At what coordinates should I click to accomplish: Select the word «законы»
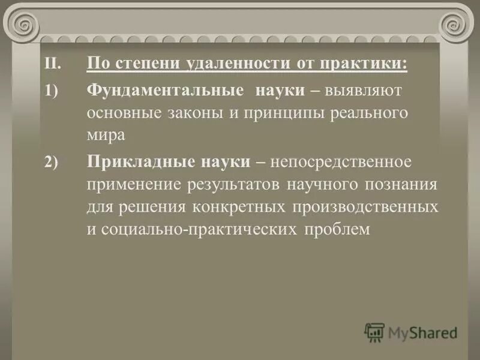(194, 113)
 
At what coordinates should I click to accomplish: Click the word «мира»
(106, 135)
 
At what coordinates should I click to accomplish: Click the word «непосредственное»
(341, 163)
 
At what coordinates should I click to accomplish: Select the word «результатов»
(225, 185)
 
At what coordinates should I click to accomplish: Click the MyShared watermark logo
(411, 332)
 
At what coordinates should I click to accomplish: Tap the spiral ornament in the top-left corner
(25, 25)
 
